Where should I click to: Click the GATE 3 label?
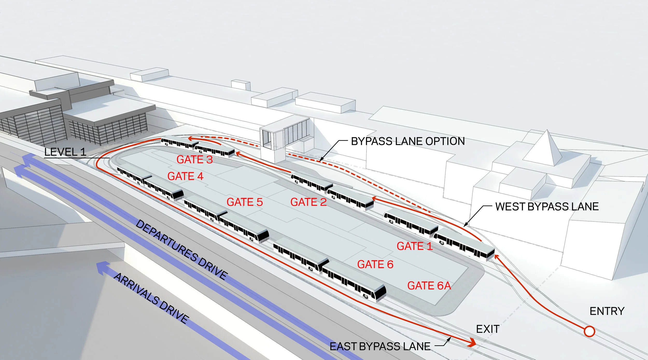pos(194,160)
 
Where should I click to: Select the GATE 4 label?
pos(185,176)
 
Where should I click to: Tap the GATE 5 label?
pos(245,202)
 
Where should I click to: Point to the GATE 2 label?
pos(308,202)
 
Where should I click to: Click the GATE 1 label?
pos(415,246)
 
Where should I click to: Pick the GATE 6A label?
pos(429,286)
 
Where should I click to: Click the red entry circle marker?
pos(589,331)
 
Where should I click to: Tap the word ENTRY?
pos(607,311)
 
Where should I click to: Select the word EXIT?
pos(488,329)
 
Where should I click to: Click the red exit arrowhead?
pos(472,343)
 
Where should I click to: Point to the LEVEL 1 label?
pos(65,152)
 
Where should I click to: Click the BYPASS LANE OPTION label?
pos(408,141)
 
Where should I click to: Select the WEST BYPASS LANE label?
pos(547,207)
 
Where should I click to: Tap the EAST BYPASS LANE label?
pos(380,347)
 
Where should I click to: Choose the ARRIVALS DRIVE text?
pos(151,298)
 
